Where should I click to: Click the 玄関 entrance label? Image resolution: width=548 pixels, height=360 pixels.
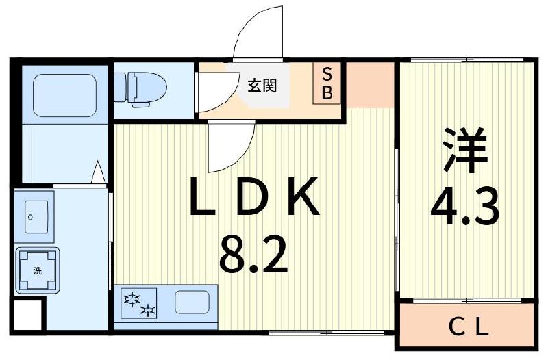tap(262, 86)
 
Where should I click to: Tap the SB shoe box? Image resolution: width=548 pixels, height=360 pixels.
tap(327, 84)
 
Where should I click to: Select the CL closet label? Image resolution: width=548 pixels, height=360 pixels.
tap(469, 327)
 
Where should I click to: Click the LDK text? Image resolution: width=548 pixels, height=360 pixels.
tap(254, 199)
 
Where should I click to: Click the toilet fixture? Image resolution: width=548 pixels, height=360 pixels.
tap(140, 88)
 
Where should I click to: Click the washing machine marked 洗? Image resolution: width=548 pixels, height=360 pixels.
tap(38, 270)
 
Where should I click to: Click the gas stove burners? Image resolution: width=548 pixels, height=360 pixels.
tap(139, 303)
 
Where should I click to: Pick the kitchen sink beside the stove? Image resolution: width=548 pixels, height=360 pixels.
tap(192, 302)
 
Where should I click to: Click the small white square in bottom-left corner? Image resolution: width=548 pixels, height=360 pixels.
tap(27, 316)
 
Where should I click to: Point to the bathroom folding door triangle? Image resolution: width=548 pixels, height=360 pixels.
tap(98, 172)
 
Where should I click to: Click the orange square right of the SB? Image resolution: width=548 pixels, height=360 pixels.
tap(370, 83)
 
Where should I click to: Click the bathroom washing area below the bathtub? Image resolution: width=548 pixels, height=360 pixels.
tap(62, 154)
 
